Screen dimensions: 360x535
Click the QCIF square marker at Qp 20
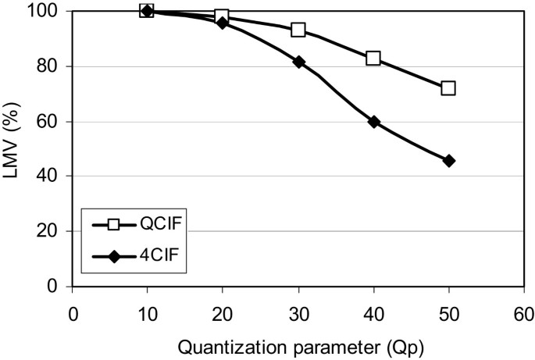tap(222, 16)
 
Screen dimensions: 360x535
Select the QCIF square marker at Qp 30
tap(298, 30)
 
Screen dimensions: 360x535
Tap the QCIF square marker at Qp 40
tap(373, 59)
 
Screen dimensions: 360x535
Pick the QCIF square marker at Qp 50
tap(448, 88)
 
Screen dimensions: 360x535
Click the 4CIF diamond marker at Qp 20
tap(222, 23)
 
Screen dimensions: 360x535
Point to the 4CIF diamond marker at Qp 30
tap(298, 62)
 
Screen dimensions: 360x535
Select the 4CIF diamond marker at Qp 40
tap(373, 122)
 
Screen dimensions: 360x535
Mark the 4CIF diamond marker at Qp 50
tap(448, 161)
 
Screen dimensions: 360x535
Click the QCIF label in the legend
tap(155, 225)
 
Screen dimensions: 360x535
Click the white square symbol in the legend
tap(113, 225)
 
